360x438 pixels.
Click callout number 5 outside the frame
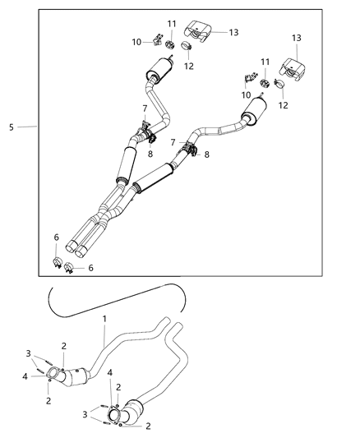coord(11,127)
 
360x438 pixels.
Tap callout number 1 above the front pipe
coord(104,318)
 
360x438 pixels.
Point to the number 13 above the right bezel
coord(295,39)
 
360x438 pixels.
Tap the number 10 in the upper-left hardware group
coord(137,42)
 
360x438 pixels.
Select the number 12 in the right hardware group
coord(283,104)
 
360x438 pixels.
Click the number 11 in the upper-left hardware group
coord(171,23)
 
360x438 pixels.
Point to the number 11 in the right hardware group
coord(265,62)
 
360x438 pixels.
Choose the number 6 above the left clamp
coord(56,237)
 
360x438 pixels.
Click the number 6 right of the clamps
coord(90,268)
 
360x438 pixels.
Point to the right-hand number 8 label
coord(206,154)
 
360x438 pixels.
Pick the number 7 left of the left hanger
coord(145,108)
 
